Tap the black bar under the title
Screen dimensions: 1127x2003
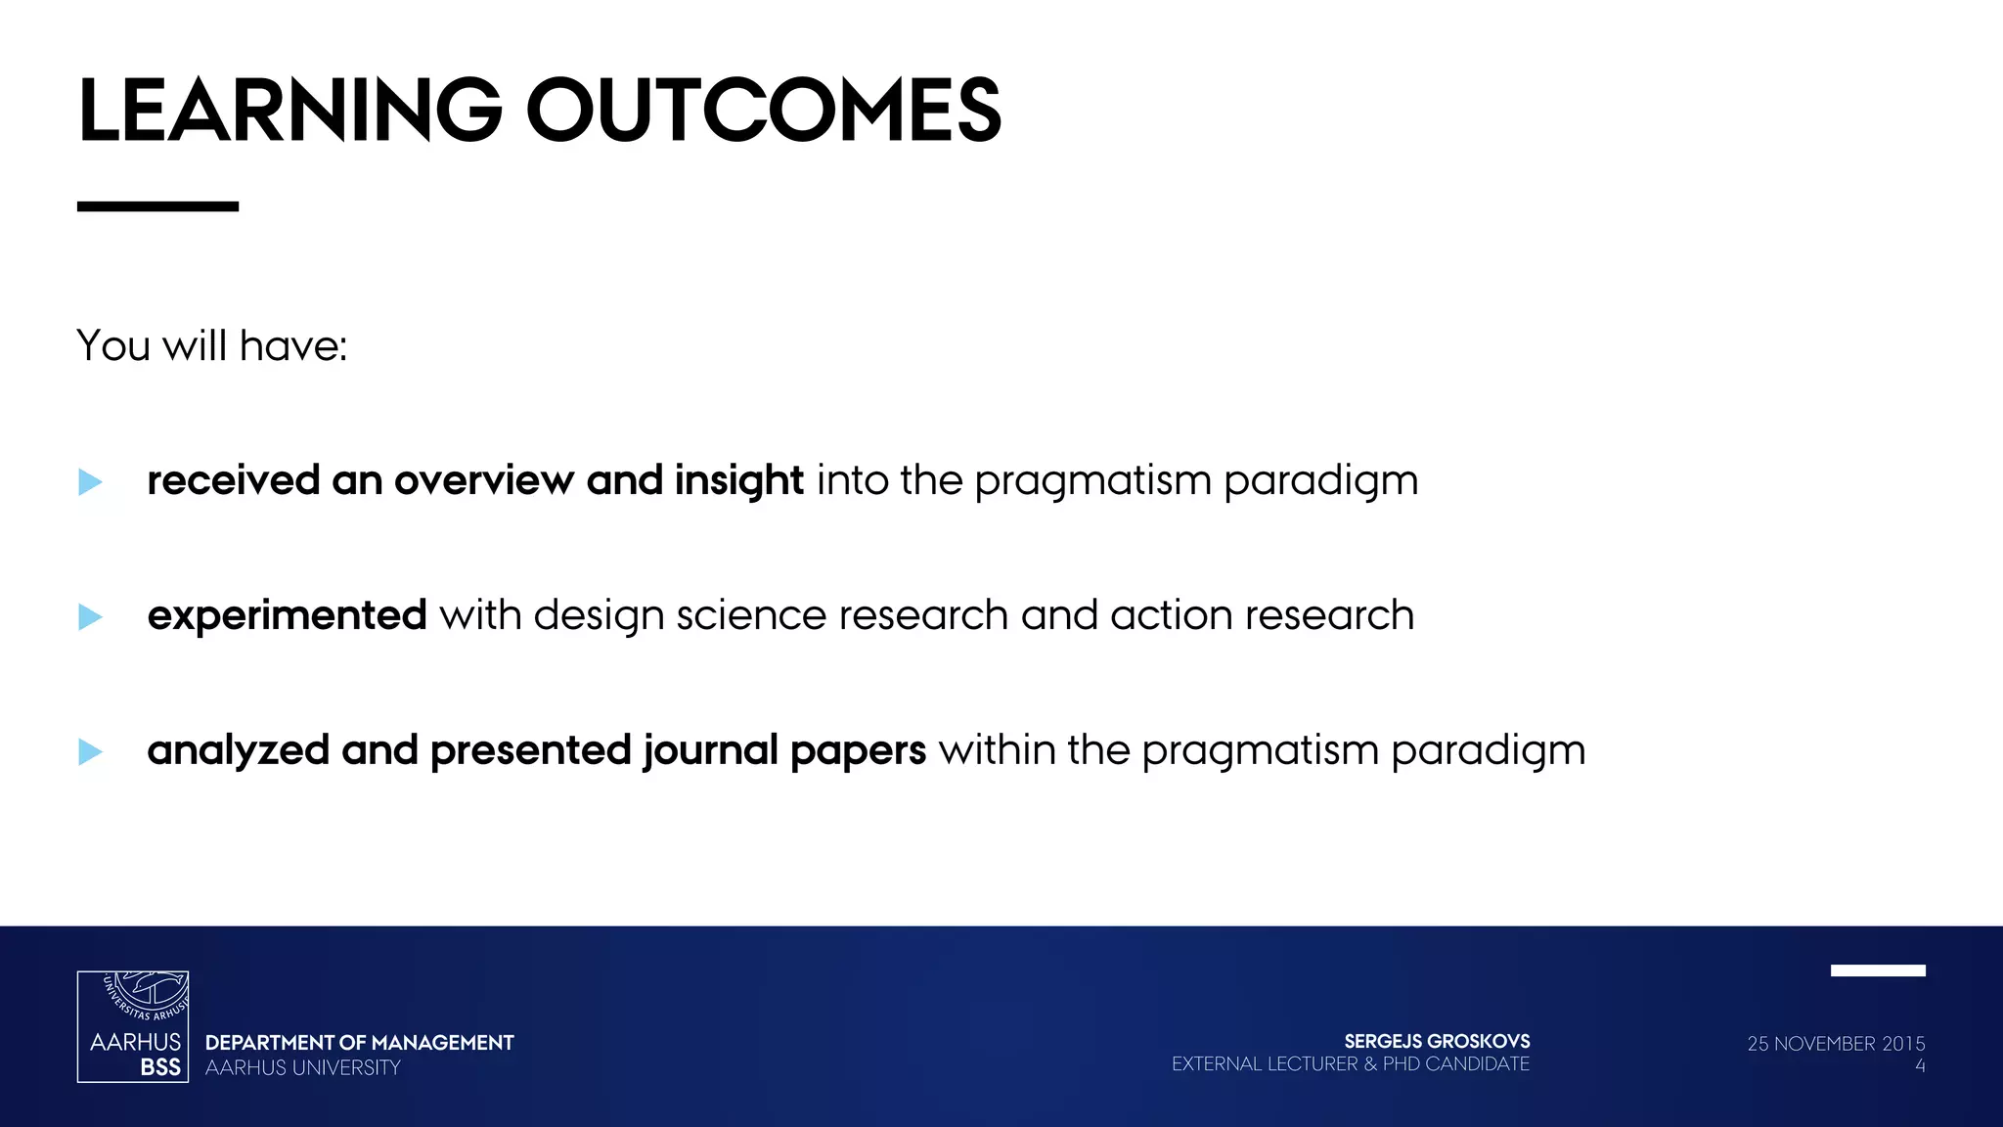coord(157,206)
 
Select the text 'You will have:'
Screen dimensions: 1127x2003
coord(211,346)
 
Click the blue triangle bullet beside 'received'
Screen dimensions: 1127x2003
coord(90,481)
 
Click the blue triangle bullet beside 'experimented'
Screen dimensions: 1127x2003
coord(90,616)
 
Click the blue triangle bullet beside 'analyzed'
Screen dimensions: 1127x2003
coord(90,751)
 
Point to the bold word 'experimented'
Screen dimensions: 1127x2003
coord(287,616)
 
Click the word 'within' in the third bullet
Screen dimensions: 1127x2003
coord(997,751)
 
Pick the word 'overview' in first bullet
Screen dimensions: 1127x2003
coord(483,481)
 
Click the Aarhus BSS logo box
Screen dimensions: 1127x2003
coord(133,1026)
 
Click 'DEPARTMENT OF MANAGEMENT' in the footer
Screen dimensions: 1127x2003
coord(359,1043)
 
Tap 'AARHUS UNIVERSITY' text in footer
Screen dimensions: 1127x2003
coord(303,1068)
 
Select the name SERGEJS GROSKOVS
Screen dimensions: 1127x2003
coord(1437,1042)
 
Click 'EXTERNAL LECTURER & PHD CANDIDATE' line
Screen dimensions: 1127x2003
coord(1350,1064)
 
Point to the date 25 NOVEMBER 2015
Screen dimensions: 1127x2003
coord(1836,1044)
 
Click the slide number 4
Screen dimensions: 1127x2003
coord(1919,1066)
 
